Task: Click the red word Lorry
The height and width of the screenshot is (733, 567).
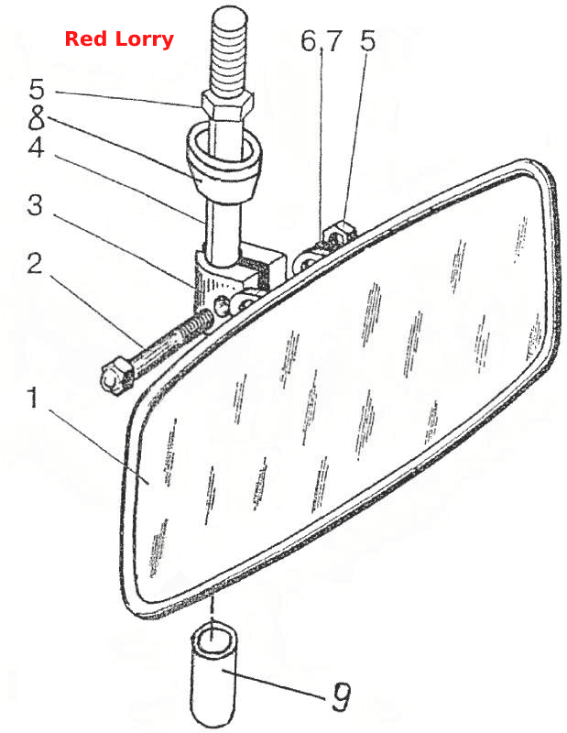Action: pos(145,39)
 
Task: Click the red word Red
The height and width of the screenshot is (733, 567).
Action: pos(87,38)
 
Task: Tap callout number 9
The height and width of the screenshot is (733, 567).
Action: pos(341,696)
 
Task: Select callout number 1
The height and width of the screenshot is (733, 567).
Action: pos(33,397)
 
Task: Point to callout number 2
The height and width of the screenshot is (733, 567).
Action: pos(34,264)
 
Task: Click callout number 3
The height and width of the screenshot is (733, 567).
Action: pos(35,204)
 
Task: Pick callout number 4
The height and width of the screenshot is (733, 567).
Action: pos(36,148)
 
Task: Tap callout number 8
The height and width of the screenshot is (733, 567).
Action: pos(37,117)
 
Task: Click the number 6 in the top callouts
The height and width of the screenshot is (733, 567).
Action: pos(309,41)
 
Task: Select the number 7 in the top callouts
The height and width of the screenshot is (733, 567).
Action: pos(333,41)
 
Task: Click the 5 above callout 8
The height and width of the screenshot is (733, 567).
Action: pos(37,88)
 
